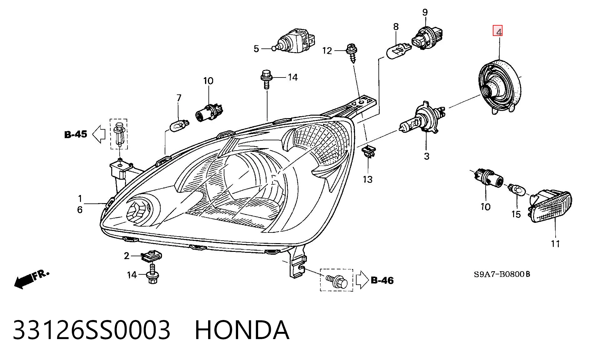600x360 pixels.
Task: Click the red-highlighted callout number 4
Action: (x=497, y=31)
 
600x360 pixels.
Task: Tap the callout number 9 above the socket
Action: (x=425, y=12)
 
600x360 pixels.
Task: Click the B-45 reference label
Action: (x=76, y=134)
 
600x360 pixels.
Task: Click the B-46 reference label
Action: (x=382, y=280)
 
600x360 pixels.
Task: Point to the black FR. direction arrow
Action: (x=32, y=279)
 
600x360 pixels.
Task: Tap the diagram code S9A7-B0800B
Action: (x=502, y=274)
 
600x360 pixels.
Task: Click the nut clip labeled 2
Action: (x=152, y=256)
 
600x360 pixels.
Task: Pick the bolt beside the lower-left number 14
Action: (x=152, y=274)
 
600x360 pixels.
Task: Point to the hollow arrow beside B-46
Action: (x=362, y=280)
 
